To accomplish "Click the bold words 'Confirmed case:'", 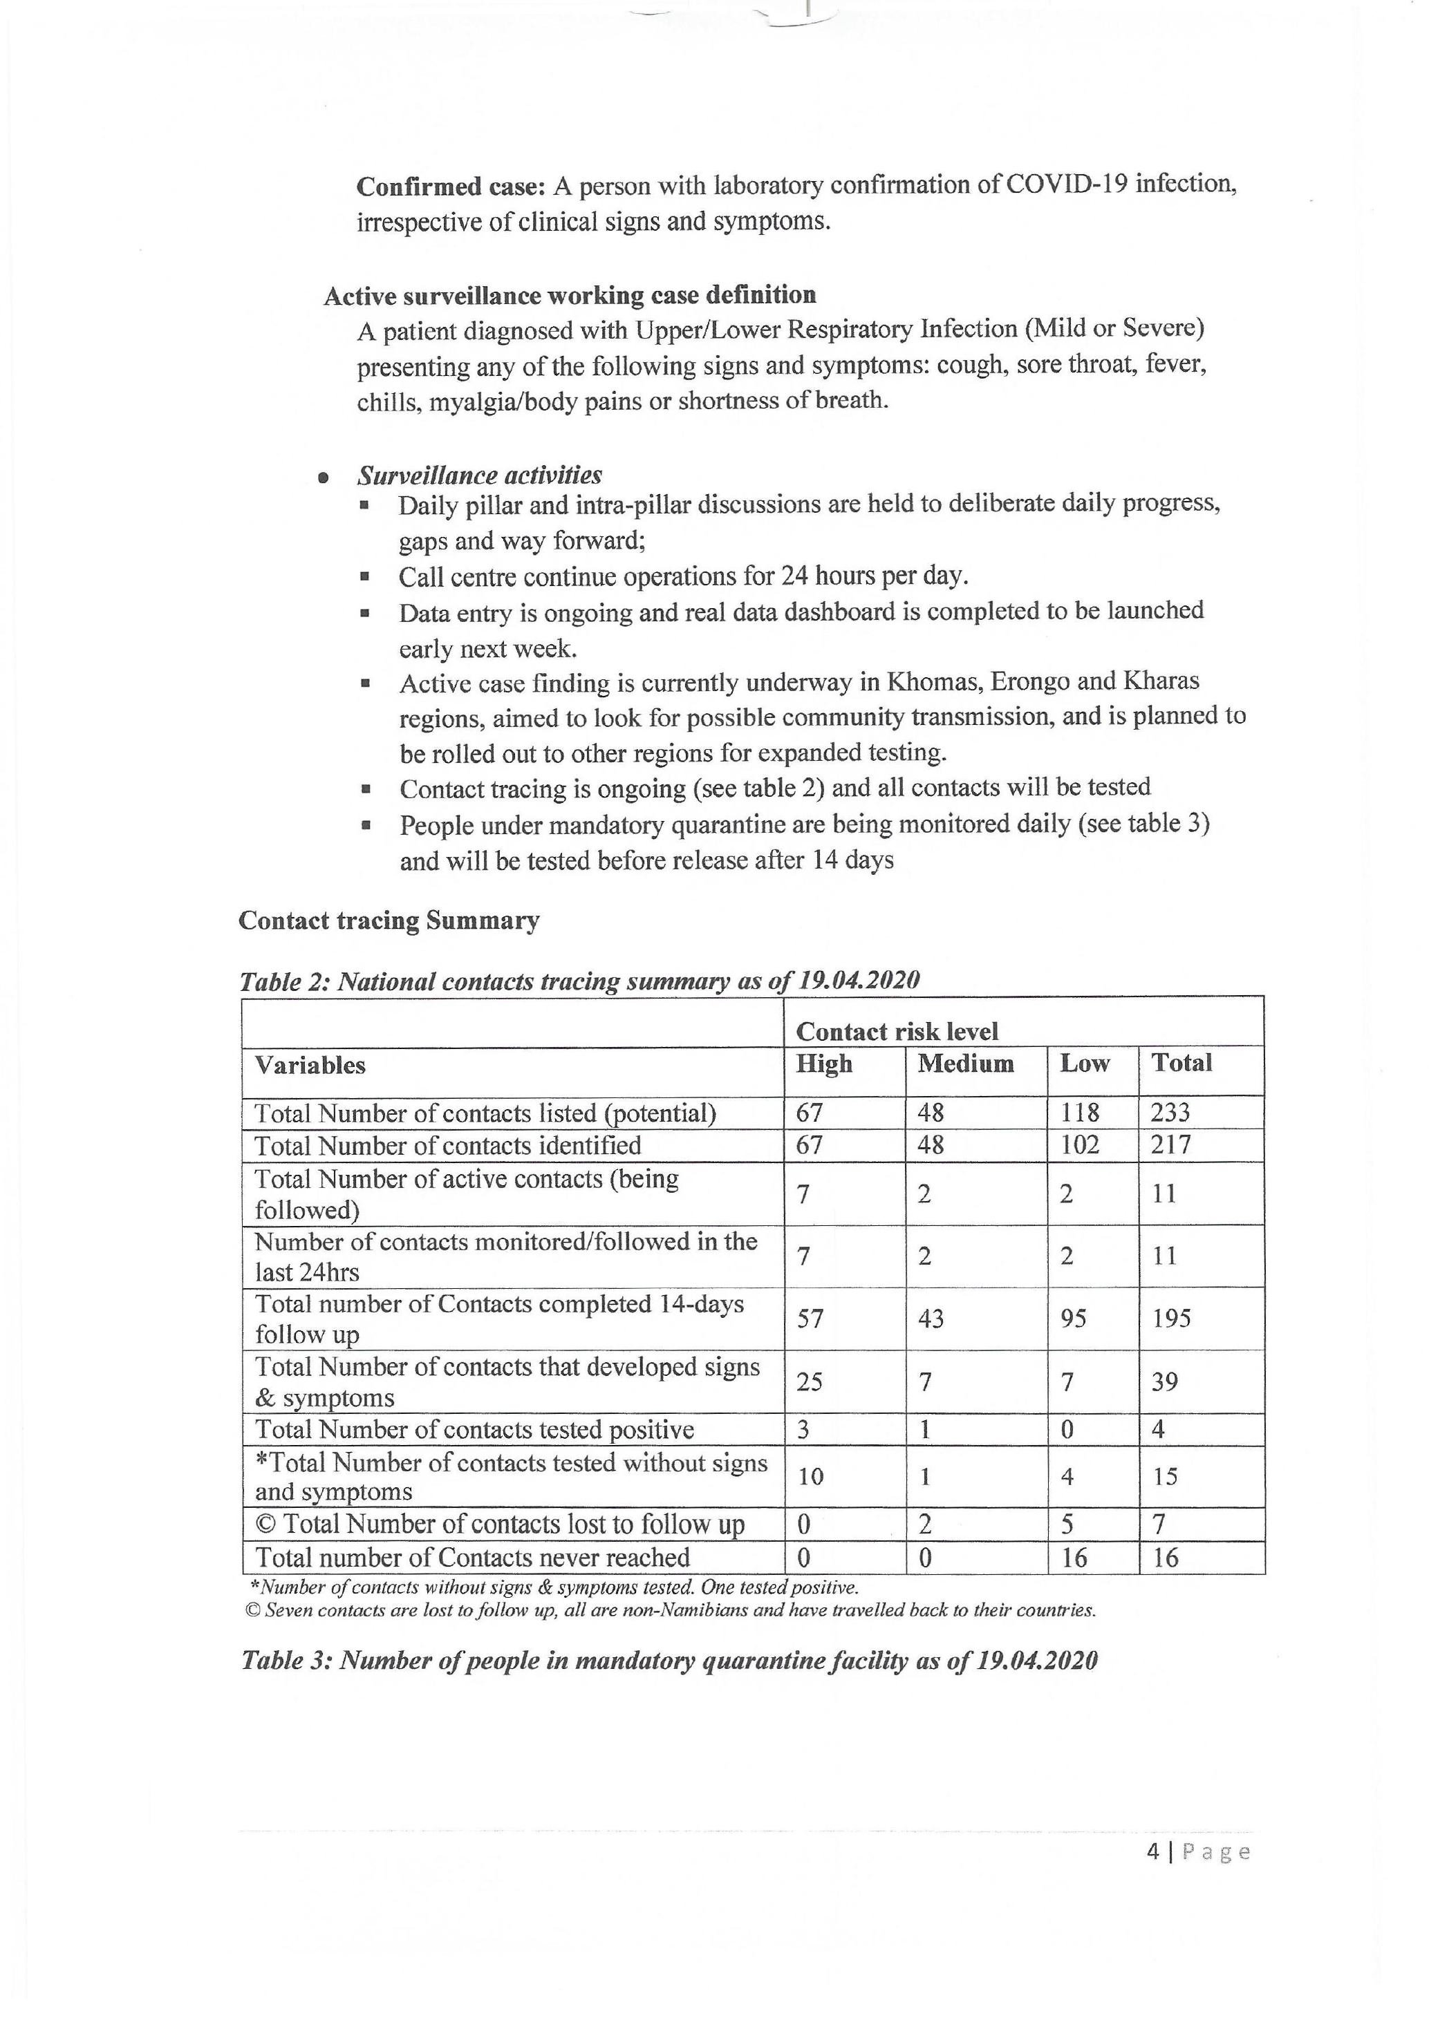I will (x=451, y=187).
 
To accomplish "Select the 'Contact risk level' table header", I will (x=897, y=1031).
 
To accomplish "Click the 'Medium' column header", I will (x=965, y=1064).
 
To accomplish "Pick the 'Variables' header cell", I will (x=310, y=1066).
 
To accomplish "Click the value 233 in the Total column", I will (x=1170, y=1113).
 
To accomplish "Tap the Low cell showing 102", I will (x=1080, y=1146).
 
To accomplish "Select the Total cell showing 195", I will (x=1171, y=1318).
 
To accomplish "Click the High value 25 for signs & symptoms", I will (x=810, y=1382).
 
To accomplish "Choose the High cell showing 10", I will (x=810, y=1476).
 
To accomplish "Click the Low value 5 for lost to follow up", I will (x=1067, y=1524).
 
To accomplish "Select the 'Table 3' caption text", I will (x=669, y=1661).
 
